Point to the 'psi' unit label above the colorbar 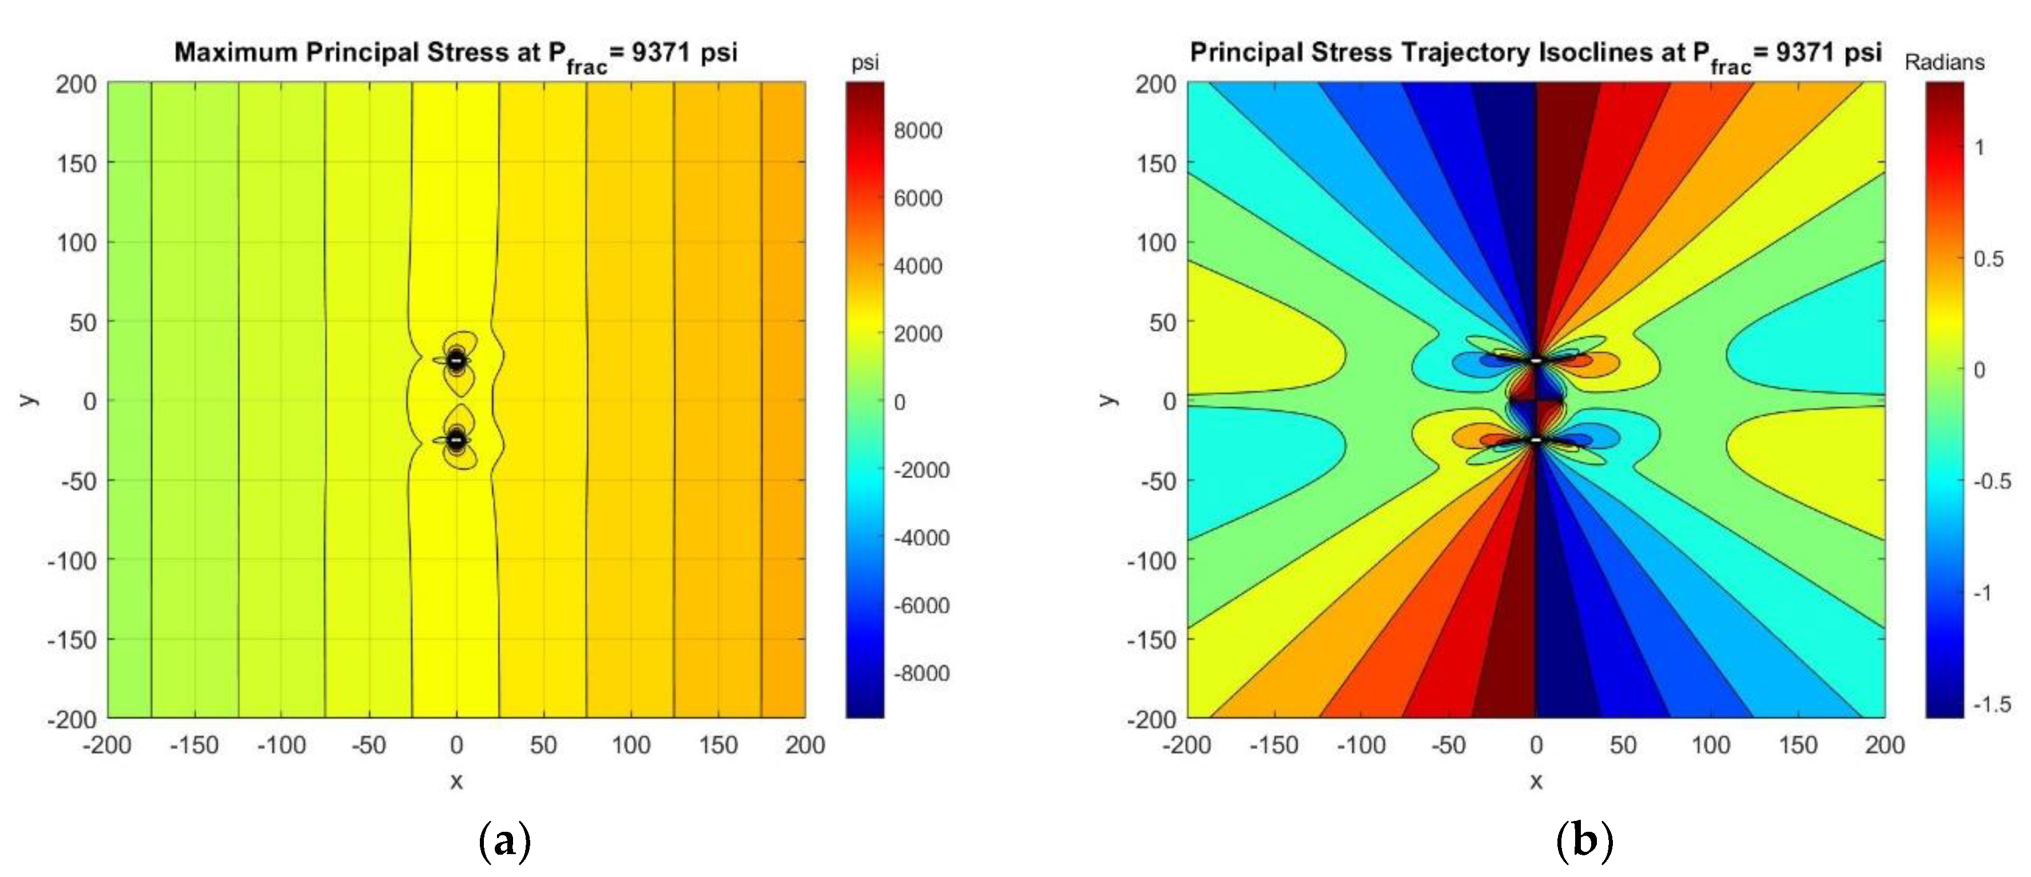coord(865,63)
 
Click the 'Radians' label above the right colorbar coord(1944,62)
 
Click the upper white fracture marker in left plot coord(456,360)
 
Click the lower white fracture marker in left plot coord(456,440)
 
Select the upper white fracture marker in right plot coord(1536,360)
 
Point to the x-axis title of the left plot coord(456,781)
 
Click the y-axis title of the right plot coord(1108,400)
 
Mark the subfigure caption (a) coord(504,842)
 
